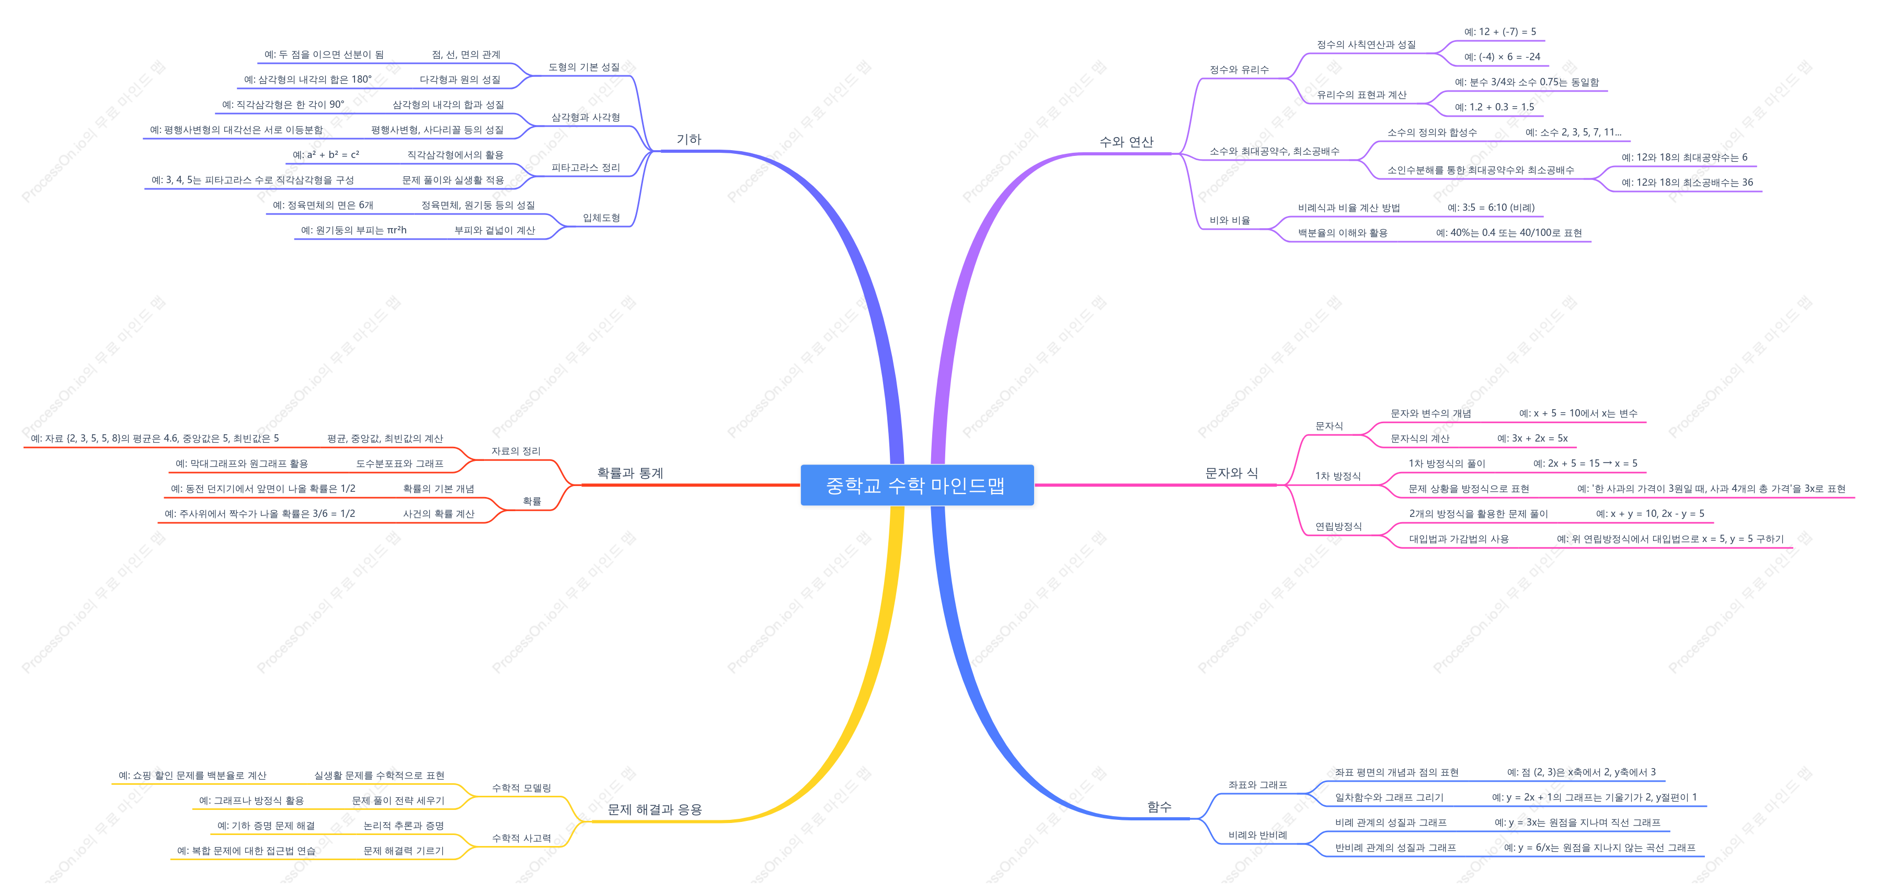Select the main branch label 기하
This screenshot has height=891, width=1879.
tap(689, 139)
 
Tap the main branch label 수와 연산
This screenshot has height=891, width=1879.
tap(1126, 142)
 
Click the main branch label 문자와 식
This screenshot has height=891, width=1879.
tap(1231, 473)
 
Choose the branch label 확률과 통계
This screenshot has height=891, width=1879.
tap(630, 473)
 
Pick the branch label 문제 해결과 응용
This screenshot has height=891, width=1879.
tap(654, 809)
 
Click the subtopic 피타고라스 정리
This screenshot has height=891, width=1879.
tap(586, 168)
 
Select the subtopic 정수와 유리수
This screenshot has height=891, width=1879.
tap(1239, 70)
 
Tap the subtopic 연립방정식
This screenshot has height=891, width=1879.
tap(1338, 527)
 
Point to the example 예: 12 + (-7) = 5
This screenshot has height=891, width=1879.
tap(1500, 32)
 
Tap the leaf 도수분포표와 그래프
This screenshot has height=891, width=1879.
tap(400, 464)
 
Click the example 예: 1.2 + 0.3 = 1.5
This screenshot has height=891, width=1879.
tap(1495, 107)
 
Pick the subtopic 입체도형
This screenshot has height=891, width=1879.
tap(601, 218)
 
